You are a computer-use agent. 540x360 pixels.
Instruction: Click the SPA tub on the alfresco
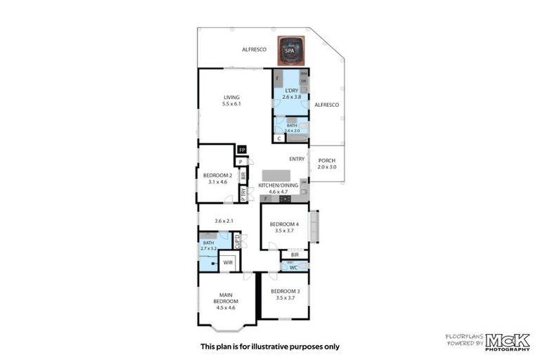click(x=289, y=50)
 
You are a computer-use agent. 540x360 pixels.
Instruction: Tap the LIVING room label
click(x=232, y=97)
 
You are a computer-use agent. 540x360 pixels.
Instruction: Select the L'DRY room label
click(x=291, y=91)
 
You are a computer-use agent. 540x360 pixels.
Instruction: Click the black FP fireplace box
click(x=242, y=150)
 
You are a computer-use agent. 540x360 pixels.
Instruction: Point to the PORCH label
click(x=327, y=160)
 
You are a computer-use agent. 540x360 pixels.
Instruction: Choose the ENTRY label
click(x=297, y=159)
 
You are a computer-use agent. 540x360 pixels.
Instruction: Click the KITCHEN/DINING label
click(x=273, y=185)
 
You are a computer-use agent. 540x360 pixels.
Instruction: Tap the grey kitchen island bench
click(x=276, y=175)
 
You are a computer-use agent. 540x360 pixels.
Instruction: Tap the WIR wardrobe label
click(x=227, y=262)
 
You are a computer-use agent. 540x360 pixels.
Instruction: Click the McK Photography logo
click(x=506, y=341)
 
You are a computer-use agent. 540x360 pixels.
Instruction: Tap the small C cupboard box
click(x=279, y=139)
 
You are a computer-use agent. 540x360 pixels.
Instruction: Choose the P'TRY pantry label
click(x=243, y=195)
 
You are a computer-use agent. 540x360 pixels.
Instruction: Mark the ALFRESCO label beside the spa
click(x=252, y=50)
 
